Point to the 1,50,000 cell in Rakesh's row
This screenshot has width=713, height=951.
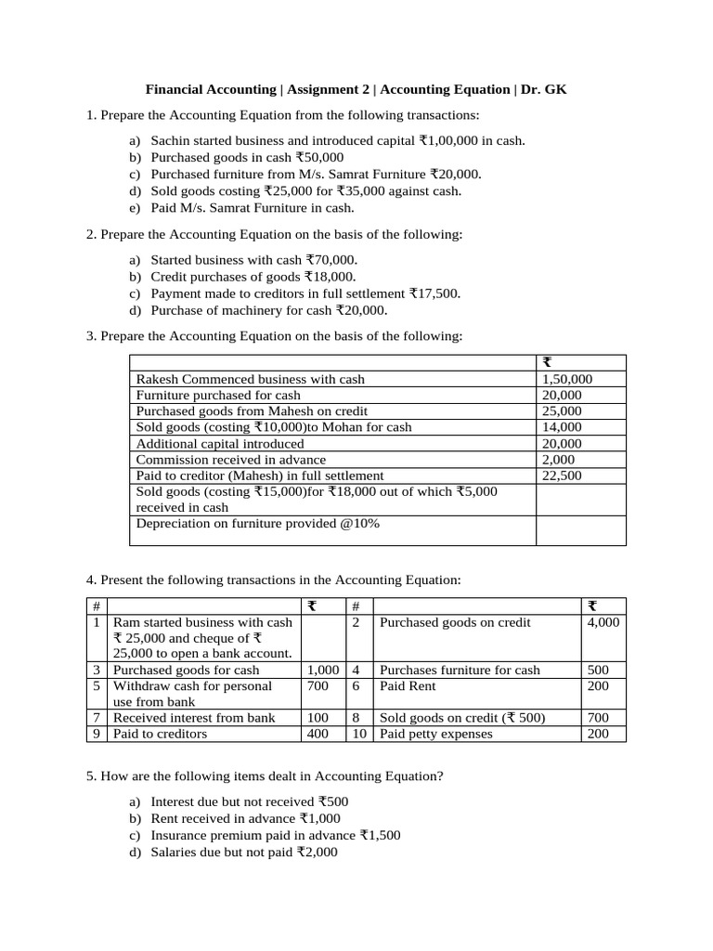pyautogui.click(x=565, y=379)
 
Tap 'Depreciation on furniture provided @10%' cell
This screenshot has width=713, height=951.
pyautogui.click(x=258, y=524)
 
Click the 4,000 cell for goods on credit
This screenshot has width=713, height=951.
pyautogui.click(x=603, y=622)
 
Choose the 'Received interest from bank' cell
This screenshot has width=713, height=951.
pyautogui.click(x=194, y=718)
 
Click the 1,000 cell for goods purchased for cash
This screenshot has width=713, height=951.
pyautogui.click(x=321, y=670)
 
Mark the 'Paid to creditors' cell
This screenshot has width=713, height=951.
pyautogui.click(x=161, y=734)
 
